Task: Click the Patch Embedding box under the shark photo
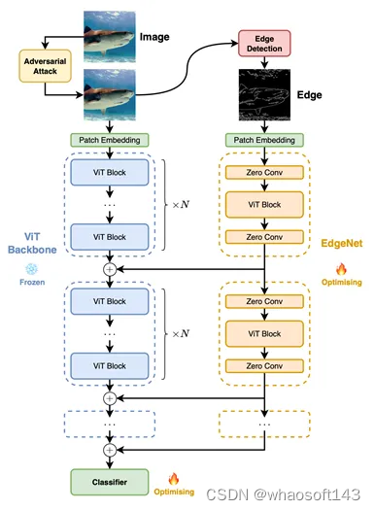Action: [x=110, y=140]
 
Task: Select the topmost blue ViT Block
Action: [x=110, y=171]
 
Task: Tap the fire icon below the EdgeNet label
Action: [x=340, y=269]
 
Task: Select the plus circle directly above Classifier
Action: [x=110, y=449]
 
